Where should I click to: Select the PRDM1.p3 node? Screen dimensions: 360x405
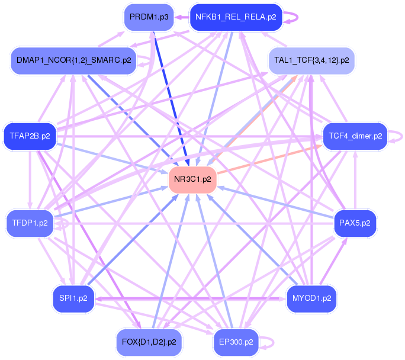[149, 17]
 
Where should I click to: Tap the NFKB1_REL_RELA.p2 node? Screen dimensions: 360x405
[236, 17]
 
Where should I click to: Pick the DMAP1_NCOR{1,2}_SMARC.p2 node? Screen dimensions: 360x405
[73, 60]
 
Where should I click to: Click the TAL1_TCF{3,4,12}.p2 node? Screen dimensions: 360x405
[311, 60]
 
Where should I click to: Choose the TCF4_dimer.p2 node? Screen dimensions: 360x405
[355, 136]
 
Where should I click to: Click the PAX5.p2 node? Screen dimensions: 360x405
[355, 223]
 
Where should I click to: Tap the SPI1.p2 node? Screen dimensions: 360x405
[73, 298]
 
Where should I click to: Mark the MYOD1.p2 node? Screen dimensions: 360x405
[311, 298]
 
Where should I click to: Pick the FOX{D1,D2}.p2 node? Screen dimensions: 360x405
[149, 342]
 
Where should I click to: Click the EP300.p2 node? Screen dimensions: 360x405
[236, 342]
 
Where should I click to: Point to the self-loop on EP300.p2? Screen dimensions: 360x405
[272, 342]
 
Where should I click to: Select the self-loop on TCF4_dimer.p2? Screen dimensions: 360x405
[401, 136]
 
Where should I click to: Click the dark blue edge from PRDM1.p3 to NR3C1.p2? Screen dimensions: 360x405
[169, 95]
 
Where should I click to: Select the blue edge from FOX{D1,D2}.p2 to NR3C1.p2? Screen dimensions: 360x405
[172, 258]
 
